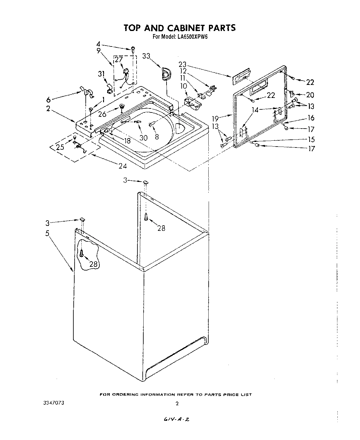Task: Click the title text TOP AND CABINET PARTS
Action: point(180,28)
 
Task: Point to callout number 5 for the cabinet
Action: point(47,233)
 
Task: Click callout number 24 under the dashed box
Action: point(123,166)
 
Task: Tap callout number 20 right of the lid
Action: point(310,95)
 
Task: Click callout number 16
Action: point(311,117)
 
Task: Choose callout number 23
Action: point(183,64)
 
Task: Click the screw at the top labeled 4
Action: point(133,48)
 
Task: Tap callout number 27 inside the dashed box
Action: point(119,60)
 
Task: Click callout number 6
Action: point(48,99)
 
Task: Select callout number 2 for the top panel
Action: point(48,109)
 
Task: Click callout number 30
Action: point(143,137)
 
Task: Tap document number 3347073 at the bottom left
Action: point(54,403)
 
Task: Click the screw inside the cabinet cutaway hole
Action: point(81,253)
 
